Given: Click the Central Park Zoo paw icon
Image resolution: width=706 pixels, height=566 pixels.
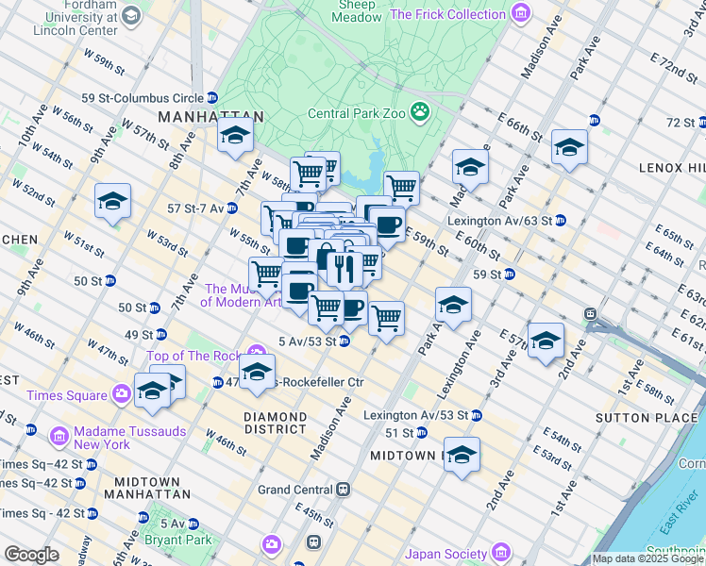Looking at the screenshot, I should (x=420, y=113).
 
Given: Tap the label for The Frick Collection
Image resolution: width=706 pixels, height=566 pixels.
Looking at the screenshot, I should (x=448, y=14).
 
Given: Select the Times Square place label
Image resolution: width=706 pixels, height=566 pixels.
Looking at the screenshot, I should (x=70, y=393).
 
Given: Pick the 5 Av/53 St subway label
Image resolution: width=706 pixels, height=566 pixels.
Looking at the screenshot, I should (x=308, y=341).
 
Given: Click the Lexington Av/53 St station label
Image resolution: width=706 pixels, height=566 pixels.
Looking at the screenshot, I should (x=415, y=415).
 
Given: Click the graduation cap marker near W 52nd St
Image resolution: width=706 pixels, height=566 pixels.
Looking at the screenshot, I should (x=112, y=201).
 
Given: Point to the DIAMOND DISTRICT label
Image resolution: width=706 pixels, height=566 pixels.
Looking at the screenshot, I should (x=274, y=422).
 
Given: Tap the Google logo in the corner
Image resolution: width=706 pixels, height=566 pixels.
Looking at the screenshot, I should (x=32, y=555).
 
